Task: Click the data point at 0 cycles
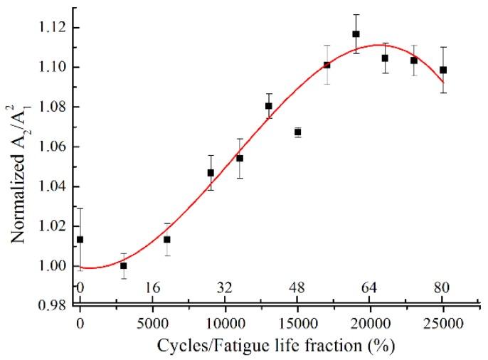[x=80, y=240]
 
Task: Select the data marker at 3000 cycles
[x=123, y=265]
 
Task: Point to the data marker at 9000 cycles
[x=211, y=173]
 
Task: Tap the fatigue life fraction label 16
[x=152, y=288]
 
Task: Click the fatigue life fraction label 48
[x=297, y=288]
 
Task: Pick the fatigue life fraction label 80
[x=442, y=288]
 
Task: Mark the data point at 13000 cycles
[x=269, y=106]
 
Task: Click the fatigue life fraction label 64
[x=370, y=288]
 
